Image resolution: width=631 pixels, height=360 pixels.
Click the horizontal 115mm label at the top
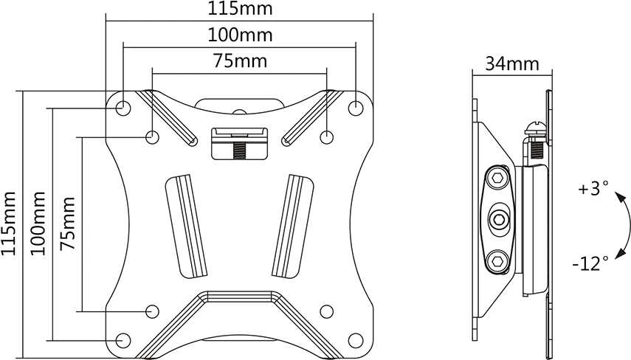(240, 8)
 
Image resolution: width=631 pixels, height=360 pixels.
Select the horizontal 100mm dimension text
(240, 35)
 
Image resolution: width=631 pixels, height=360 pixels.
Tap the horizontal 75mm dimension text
(240, 61)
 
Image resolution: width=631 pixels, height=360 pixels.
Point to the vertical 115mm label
(9, 224)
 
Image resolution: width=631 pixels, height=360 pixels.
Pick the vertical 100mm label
(38, 224)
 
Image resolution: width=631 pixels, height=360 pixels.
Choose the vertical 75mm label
(68, 224)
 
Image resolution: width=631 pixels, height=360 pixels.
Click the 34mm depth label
(512, 63)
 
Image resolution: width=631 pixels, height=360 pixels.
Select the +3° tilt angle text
(593, 188)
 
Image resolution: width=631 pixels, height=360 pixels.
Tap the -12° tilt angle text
(590, 263)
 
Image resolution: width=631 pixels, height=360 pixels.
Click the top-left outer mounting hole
(123, 108)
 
